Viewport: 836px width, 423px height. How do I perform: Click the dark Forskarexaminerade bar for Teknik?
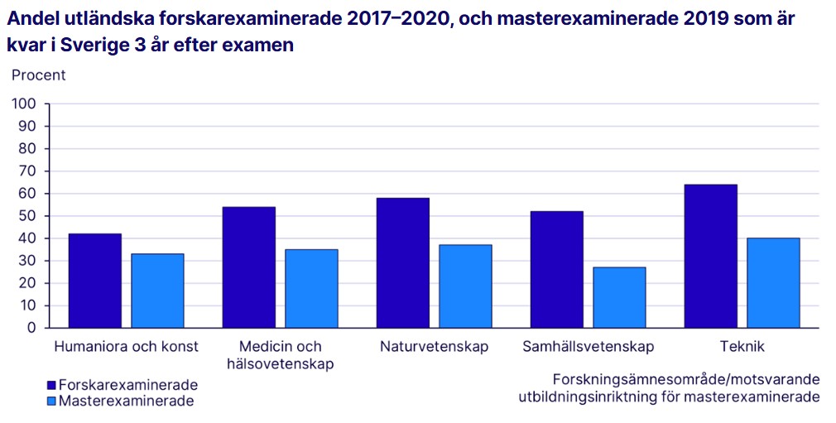coord(710,256)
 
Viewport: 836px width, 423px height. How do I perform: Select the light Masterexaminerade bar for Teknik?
coord(773,282)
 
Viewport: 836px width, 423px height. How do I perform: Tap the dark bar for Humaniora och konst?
coord(94,281)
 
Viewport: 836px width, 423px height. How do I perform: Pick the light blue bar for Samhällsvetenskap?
coord(619,297)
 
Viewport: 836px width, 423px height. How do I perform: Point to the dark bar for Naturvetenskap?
coord(402,262)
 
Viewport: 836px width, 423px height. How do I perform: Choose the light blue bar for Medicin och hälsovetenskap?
coord(311,288)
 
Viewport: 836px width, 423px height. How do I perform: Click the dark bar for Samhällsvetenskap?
coord(556,269)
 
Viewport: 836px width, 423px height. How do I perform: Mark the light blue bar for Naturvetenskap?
coord(465,286)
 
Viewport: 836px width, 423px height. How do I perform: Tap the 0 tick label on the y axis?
coord(32,328)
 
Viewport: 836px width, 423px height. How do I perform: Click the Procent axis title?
coord(38,75)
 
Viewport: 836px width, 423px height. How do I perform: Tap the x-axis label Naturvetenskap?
coord(434,347)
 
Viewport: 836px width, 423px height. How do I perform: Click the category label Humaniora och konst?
coord(126,347)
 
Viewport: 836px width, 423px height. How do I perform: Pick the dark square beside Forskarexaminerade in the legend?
coord(51,386)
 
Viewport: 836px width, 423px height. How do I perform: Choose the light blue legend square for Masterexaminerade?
coord(51,401)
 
